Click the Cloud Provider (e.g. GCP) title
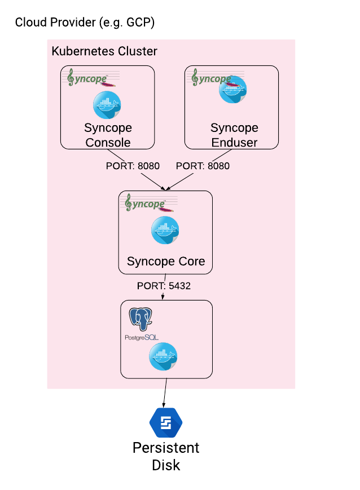tap(85, 23)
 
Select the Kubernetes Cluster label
tap(104, 51)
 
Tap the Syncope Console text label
tap(108, 135)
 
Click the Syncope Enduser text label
tap(234, 135)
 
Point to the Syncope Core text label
tap(166, 262)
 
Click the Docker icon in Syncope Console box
tap(107, 105)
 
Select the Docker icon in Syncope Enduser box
tap(233, 91)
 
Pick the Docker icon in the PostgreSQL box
tap(163, 356)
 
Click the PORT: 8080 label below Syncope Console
tap(133, 166)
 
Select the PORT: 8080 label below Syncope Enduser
tap(203, 166)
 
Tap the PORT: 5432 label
tap(164, 286)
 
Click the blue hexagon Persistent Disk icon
tap(165, 423)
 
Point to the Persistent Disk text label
tap(166, 456)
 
